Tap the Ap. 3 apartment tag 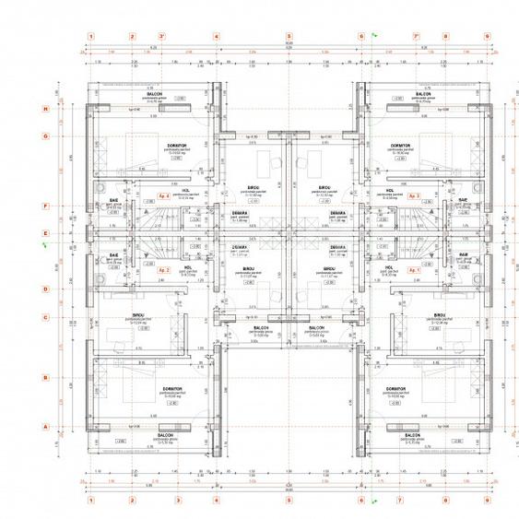pyautogui.click(x=413, y=196)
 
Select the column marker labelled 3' pyautogui.click(x=162, y=37)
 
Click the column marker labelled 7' pyautogui.click(x=417, y=37)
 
